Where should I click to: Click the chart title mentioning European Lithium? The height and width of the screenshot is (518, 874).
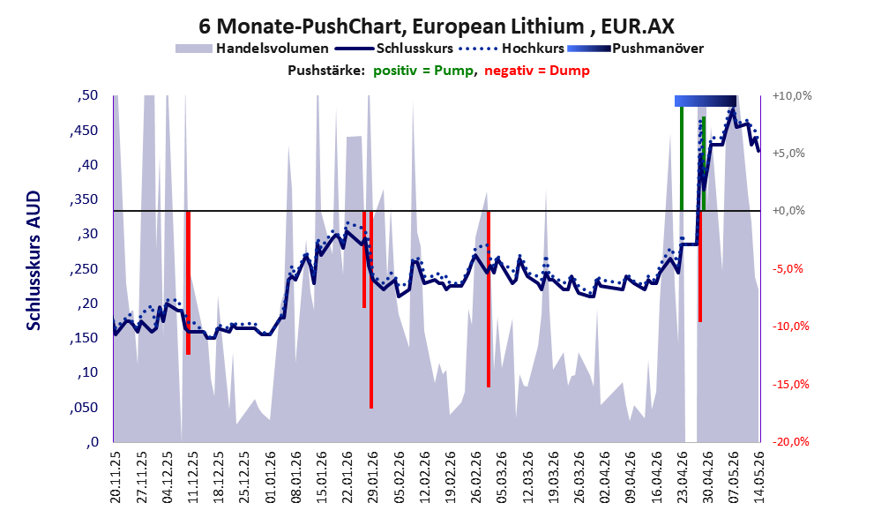[436, 26]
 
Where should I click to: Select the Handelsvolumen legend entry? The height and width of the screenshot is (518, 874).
[252, 49]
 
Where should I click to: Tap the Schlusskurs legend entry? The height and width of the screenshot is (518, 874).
[393, 49]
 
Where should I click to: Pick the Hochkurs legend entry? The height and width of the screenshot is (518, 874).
[512, 49]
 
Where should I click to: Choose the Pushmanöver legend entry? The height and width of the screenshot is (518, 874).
[635, 49]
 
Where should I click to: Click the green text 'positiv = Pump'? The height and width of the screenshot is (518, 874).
[423, 71]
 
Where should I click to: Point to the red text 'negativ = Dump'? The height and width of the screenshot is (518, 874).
[537, 71]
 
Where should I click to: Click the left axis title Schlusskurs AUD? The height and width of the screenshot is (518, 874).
[34, 260]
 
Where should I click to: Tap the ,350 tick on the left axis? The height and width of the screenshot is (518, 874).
[84, 199]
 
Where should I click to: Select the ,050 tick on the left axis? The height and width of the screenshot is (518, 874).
[84, 408]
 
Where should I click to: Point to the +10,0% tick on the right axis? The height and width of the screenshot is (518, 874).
[792, 96]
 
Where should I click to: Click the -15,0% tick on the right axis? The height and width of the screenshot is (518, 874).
[790, 384]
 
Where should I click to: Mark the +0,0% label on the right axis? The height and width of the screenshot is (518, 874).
[788, 211]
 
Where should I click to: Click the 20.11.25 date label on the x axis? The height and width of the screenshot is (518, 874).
[116, 477]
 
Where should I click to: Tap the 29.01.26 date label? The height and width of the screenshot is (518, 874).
[373, 477]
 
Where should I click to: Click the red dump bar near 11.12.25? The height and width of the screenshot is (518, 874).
[189, 282]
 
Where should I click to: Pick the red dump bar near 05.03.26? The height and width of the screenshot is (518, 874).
[489, 299]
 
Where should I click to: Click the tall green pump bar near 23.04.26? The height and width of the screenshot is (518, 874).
[682, 158]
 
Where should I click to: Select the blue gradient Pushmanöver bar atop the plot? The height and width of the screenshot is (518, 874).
[706, 101]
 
